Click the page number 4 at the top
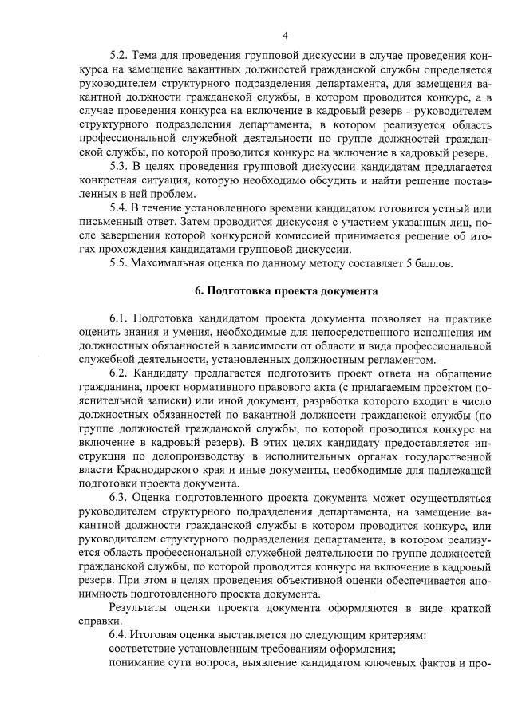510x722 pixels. pos(285,35)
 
